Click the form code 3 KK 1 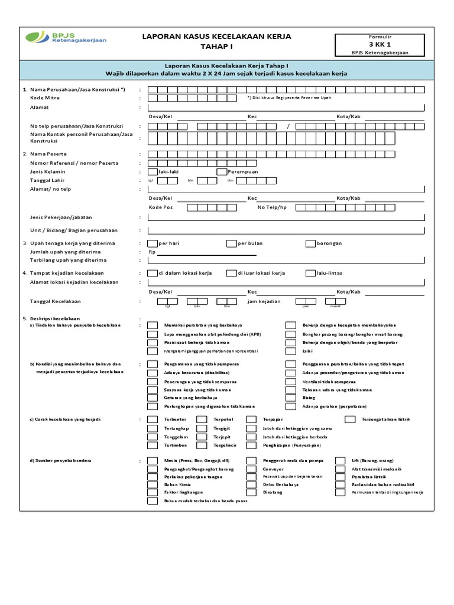click(380, 44)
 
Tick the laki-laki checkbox click(153, 171)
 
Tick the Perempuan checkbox click(222, 171)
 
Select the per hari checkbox click(153, 243)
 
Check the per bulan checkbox click(231, 243)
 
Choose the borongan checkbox click(310, 243)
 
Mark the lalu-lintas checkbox click(310, 273)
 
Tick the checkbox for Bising click(291, 398)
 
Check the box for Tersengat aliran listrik click(351, 419)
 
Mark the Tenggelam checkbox click(153, 437)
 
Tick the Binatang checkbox click(251, 492)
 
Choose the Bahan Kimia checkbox click(153, 484)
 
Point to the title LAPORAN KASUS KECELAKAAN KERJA click(216, 37)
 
